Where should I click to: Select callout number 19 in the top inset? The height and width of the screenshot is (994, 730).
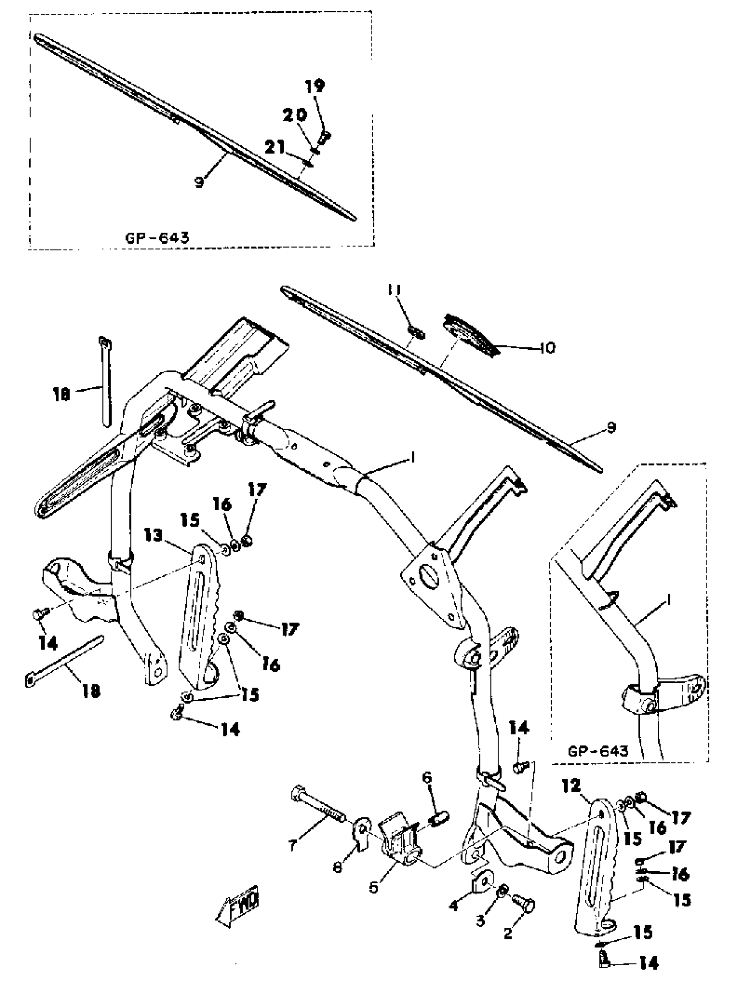pyautogui.click(x=315, y=86)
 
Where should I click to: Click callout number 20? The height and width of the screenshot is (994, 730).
pyautogui.click(x=295, y=116)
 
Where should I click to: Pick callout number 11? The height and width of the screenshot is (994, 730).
pyautogui.click(x=394, y=290)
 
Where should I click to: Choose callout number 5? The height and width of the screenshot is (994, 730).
pyautogui.click(x=374, y=887)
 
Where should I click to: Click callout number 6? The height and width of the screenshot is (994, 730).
pyautogui.click(x=427, y=777)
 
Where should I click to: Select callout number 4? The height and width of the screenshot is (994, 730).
pyautogui.click(x=454, y=906)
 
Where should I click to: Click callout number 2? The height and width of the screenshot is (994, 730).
pyautogui.click(x=508, y=933)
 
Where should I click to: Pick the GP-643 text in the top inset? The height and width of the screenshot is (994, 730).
pyautogui.click(x=157, y=239)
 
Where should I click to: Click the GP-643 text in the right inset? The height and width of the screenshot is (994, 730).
pyautogui.click(x=598, y=751)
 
